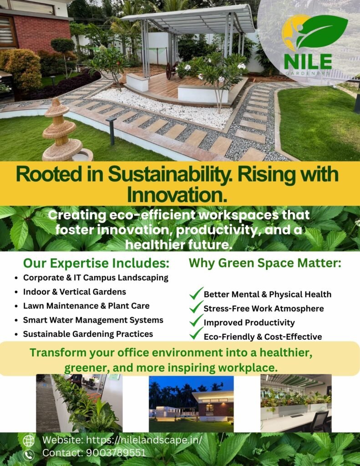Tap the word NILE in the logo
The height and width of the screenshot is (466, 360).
tap(308, 61)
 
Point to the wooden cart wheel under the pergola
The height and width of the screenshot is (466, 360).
tap(171, 71)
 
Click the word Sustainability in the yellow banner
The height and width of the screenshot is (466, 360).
tap(169, 174)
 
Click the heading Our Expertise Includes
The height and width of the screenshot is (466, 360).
tap(96, 263)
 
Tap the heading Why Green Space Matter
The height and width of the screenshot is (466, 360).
tap(265, 263)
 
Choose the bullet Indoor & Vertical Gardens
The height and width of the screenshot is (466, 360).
tap(75, 292)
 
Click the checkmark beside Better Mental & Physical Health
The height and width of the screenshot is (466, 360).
tap(196, 293)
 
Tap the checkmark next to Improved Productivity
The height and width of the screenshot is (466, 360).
tap(196, 321)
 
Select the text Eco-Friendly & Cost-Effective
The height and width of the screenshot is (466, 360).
tap(263, 337)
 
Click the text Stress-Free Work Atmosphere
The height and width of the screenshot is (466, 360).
tap(264, 309)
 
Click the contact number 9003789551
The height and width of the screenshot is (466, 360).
tap(116, 453)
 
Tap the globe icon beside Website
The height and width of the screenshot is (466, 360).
tap(29, 441)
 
